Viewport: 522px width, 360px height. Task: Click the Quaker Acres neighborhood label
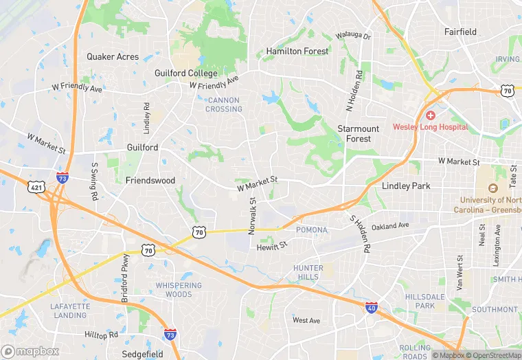pos(113,57)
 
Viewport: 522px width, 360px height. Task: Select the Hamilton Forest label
pos(297,52)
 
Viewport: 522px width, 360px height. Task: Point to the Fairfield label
pos(460,32)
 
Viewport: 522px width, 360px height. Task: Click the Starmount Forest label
pos(358,133)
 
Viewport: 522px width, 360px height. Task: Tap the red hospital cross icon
pos(431,115)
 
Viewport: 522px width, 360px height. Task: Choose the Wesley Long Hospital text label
pos(430,127)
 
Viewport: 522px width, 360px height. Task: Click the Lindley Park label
pos(405,186)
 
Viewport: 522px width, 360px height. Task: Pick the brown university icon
pos(492,188)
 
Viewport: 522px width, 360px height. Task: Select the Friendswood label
pos(150,181)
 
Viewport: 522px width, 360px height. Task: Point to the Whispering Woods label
pos(179,290)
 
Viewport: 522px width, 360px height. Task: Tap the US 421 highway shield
pos(37,186)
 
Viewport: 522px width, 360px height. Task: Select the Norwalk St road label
pos(252,214)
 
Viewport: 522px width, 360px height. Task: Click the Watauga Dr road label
pos(353,36)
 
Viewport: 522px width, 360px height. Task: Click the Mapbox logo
pos(30,352)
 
